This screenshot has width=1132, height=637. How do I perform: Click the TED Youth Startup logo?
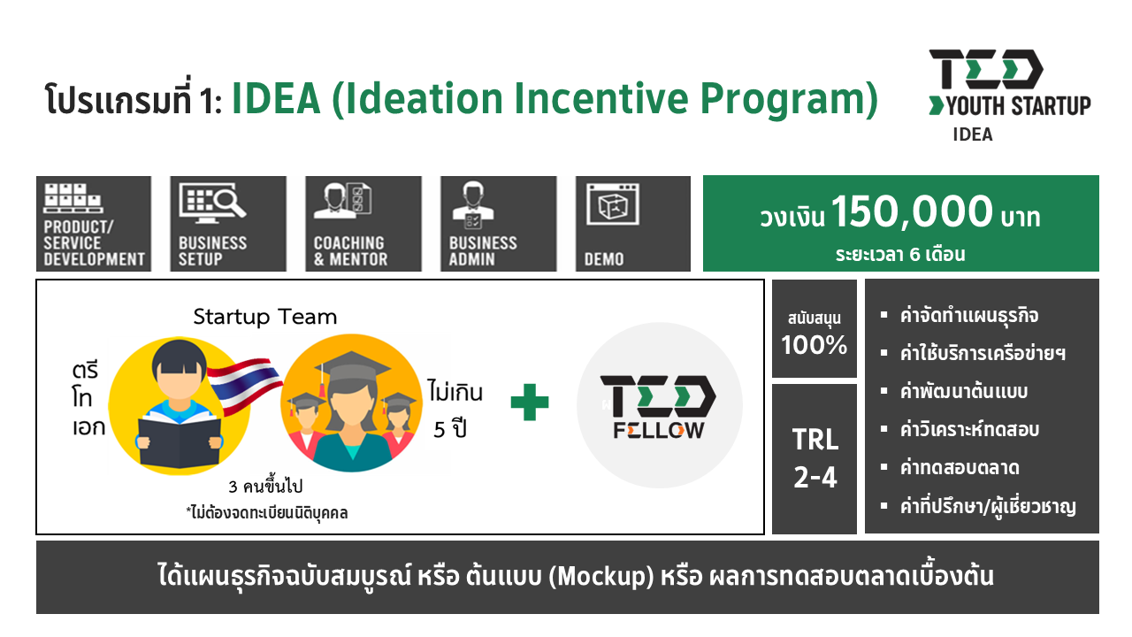[1010, 95]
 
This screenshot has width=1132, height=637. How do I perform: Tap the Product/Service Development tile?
[94, 224]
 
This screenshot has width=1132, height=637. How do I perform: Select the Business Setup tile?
[228, 224]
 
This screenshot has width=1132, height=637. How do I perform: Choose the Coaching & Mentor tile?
[363, 224]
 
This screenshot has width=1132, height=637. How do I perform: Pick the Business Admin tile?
[498, 224]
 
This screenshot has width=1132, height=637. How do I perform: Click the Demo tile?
[632, 224]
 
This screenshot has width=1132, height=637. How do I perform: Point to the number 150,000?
[912, 211]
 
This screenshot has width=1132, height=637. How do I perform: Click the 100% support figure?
[815, 345]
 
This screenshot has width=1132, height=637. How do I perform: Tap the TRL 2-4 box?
[815, 458]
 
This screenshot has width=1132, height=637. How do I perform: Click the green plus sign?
[529, 403]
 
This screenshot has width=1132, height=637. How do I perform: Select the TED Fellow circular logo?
[660, 405]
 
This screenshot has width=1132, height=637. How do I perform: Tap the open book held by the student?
[180, 441]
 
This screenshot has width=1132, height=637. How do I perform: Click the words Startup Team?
[264, 317]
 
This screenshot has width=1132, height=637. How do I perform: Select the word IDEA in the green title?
[276, 98]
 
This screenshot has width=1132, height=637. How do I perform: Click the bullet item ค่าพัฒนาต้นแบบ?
[964, 392]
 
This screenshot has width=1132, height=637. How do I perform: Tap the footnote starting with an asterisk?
[267, 512]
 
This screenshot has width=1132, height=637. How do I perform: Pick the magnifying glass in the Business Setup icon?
[227, 203]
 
